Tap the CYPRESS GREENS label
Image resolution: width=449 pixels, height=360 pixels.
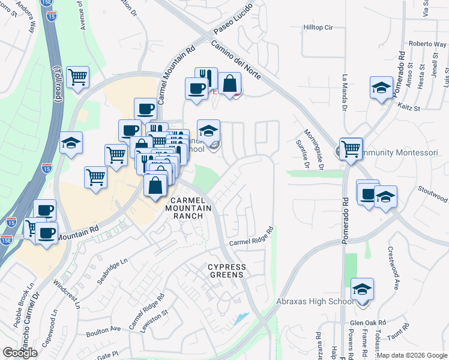pyautogui.click(x=226, y=271)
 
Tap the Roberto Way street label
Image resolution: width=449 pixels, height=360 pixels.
pyautogui.click(x=427, y=44)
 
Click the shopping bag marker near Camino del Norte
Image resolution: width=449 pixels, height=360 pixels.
pyautogui.click(x=229, y=84)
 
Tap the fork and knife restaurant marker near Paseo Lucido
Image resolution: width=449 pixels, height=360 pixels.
pyautogui.click(x=206, y=78)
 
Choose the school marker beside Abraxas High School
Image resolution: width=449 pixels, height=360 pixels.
pyautogui.click(x=363, y=289)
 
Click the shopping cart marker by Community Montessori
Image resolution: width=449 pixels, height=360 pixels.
pyautogui.click(x=351, y=148)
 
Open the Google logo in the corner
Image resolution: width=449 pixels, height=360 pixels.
pyautogui.click(x=20, y=353)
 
